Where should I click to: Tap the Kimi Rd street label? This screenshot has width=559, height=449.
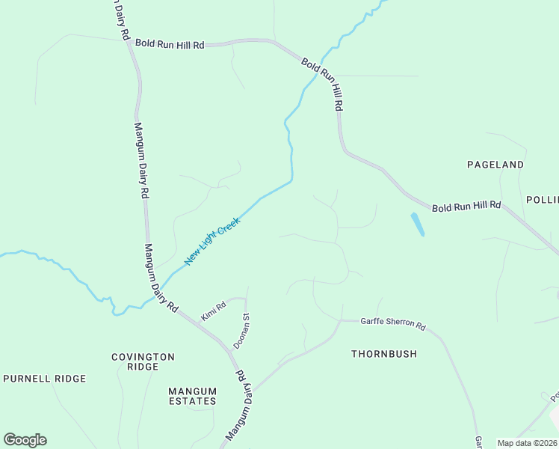pos(213,311)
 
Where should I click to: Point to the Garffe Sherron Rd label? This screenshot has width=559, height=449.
pos(392,326)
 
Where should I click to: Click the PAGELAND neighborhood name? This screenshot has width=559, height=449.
pos(495,164)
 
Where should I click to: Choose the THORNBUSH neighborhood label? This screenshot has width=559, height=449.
pos(384,354)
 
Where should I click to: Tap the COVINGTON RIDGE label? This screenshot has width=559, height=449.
pos(143,362)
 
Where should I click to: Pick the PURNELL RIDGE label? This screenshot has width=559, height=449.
pos(45,379)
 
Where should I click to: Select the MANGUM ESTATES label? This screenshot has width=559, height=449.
pos(192,396)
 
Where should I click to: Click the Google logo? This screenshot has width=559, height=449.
pos(25,440)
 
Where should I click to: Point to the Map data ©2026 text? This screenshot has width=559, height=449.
pos(527,443)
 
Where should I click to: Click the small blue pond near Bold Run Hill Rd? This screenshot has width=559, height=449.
pos(417,224)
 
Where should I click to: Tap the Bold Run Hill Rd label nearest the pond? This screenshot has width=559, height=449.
pos(466,206)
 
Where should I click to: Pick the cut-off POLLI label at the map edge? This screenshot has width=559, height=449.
pos(542,200)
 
